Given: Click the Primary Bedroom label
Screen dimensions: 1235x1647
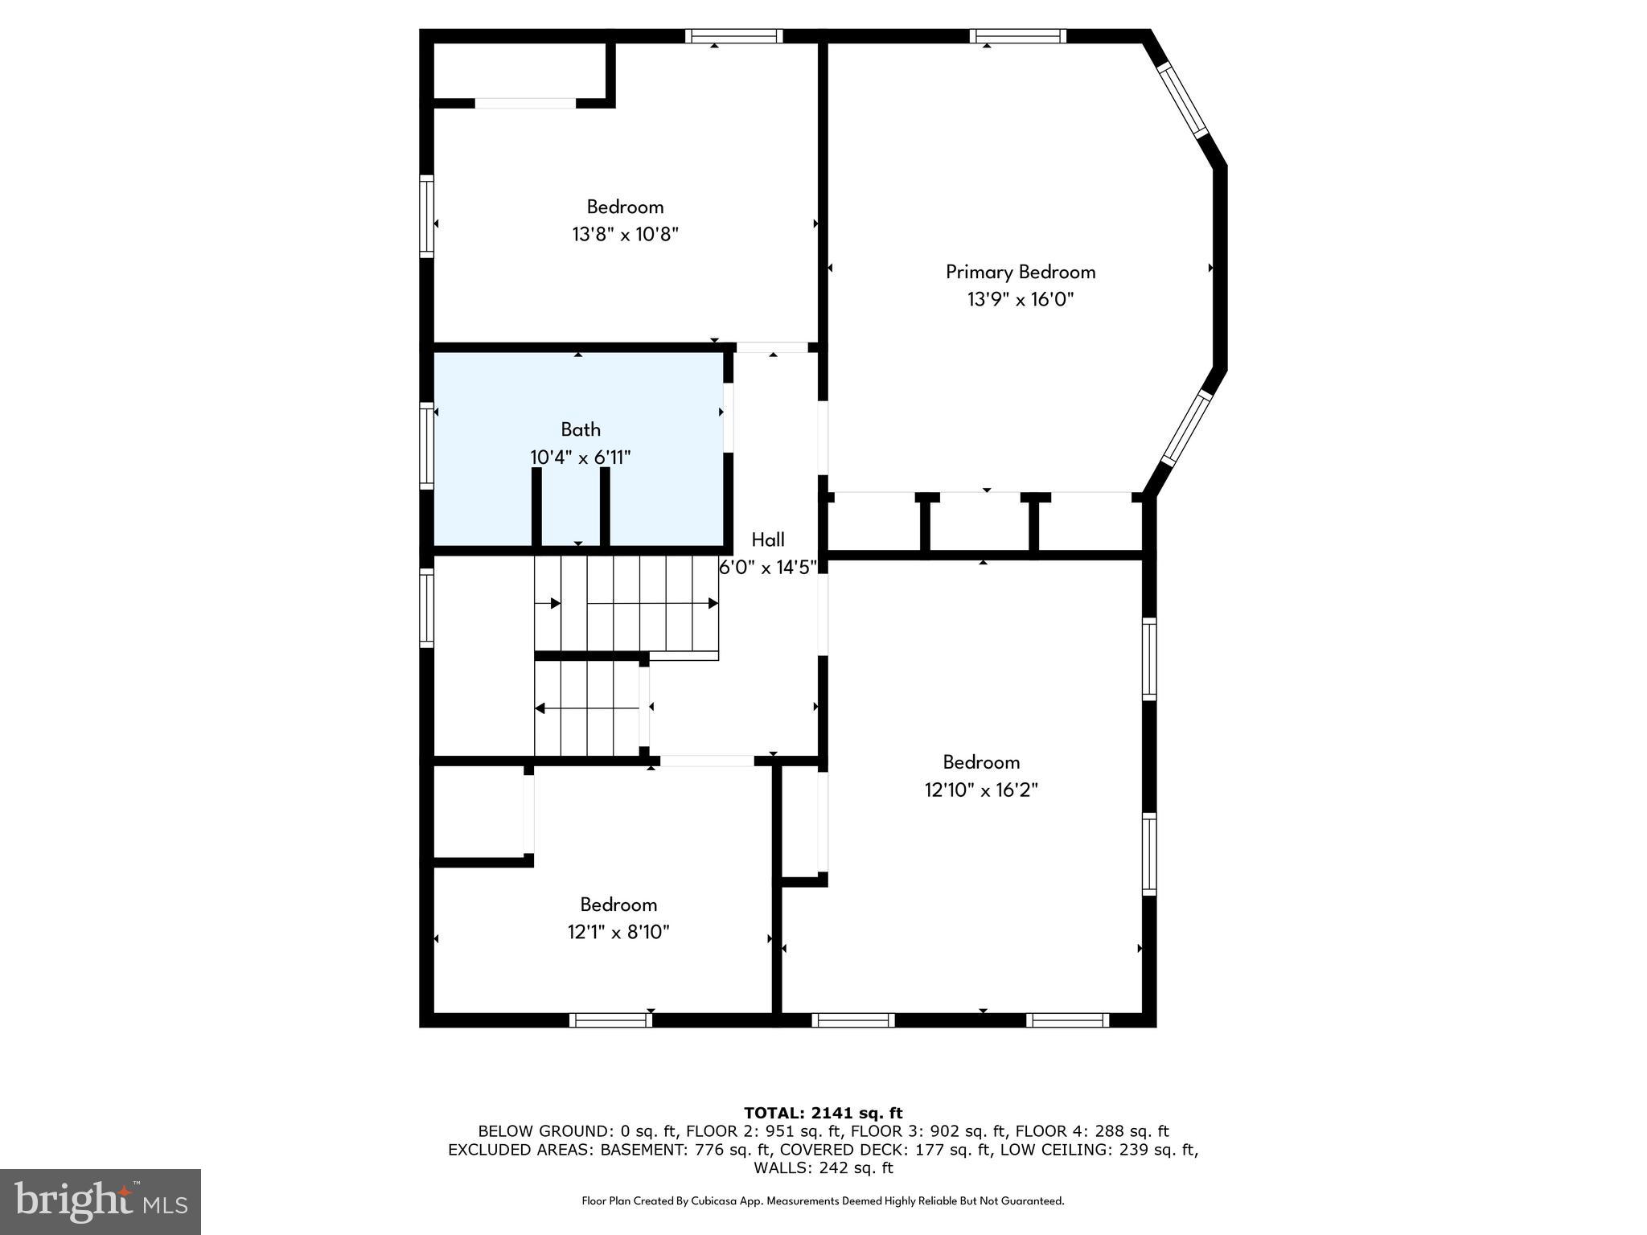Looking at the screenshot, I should (x=1020, y=272).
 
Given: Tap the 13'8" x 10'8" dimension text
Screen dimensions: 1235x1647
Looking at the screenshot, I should (x=625, y=235).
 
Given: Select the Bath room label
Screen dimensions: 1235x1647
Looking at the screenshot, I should (x=581, y=429).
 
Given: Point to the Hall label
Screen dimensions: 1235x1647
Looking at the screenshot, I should (x=767, y=540).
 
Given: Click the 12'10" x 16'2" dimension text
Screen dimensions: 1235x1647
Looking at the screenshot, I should (x=981, y=790).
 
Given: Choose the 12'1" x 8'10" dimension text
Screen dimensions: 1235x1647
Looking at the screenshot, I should (x=618, y=932).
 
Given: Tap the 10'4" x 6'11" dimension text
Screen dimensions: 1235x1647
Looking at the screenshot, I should (x=580, y=457).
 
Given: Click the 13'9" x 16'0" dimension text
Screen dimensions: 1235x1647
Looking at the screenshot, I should (x=1020, y=300).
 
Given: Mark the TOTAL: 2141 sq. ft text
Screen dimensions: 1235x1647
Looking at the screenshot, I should (x=823, y=1113).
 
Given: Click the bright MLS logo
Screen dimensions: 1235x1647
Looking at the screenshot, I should (x=101, y=1201).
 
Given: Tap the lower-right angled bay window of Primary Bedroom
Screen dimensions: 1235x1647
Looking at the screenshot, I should (x=1186, y=428).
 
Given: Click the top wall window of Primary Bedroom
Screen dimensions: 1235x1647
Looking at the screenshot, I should (x=1017, y=35).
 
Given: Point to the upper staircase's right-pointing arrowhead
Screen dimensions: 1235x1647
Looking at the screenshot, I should (x=713, y=603).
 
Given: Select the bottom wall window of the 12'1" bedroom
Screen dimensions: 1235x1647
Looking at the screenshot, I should (x=610, y=1020).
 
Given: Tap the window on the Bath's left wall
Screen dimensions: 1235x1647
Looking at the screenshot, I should (x=426, y=446).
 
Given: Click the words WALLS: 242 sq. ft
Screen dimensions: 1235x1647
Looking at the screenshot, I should (x=823, y=1167).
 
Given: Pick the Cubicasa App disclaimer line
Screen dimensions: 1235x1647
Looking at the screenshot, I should (x=823, y=1201).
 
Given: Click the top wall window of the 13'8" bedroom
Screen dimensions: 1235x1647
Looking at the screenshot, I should (x=733, y=35).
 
